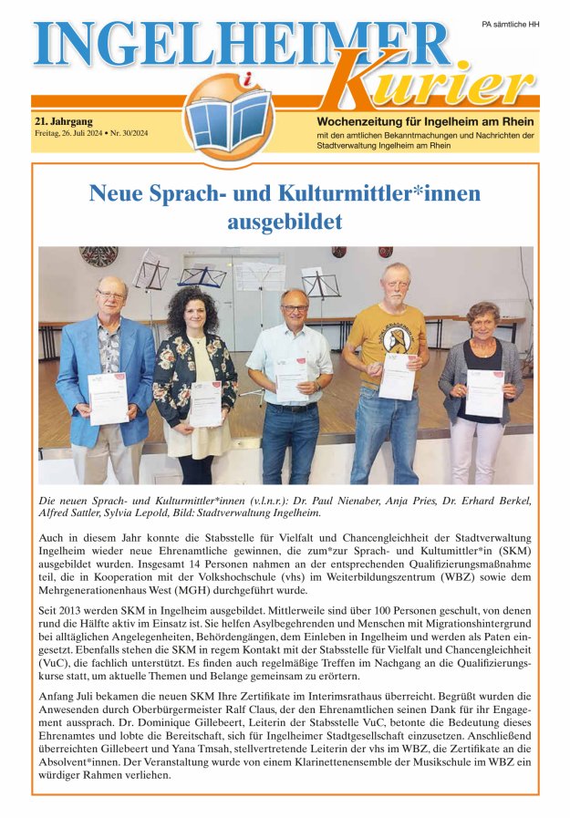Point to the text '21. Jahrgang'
click(61, 120)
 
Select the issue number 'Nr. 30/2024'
click(126, 133)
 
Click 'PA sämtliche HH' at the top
click(510, 24)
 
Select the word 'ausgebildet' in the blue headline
click(285, 222)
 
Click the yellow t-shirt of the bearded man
click(399, 329)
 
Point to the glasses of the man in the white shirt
click(294, 308)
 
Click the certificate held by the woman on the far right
click(484, 392)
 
